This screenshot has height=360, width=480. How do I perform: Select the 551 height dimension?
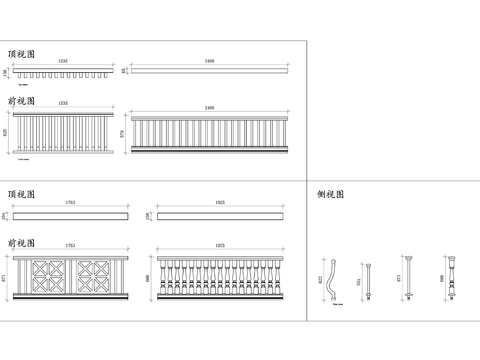click(x=358, y=282)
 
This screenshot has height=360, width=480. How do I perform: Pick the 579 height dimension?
click(x=124, y=133)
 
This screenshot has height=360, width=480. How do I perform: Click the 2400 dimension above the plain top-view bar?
click(x=209, y=61)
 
